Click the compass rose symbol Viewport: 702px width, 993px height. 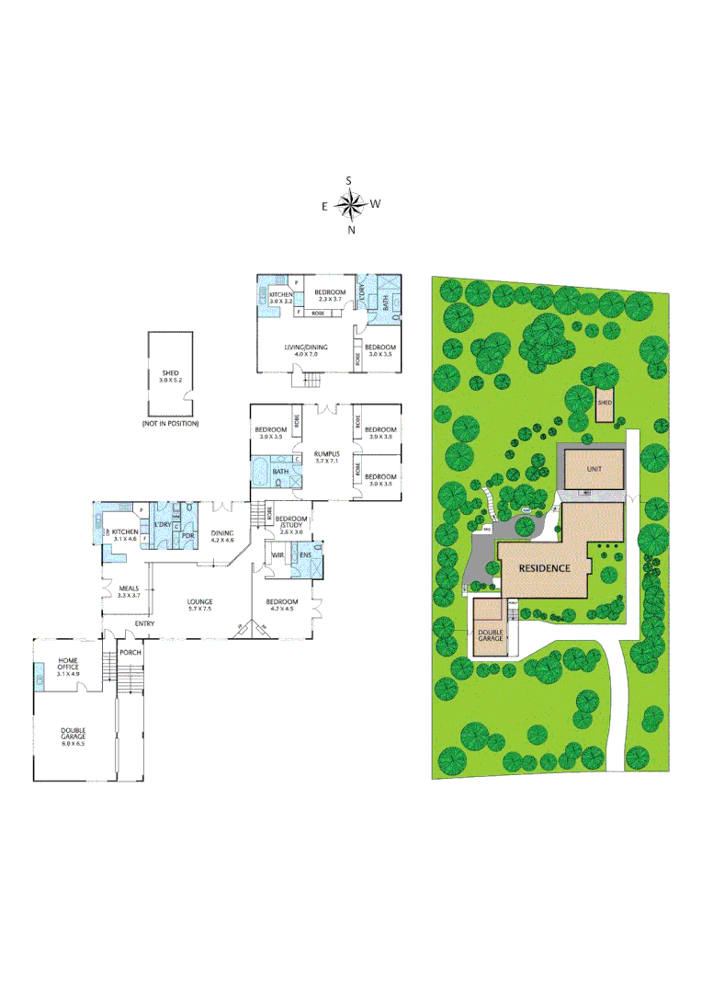click(x=350, y=204)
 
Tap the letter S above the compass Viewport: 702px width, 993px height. click(x=349, y=180)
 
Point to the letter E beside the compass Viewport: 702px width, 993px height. click(x=324, y=206)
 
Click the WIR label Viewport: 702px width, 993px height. click(x=276, y=555)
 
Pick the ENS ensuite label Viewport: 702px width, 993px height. click(x=304, y=554)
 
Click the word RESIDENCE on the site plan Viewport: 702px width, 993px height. click(x=545, y=567)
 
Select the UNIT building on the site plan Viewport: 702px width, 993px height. click(x=594, y=468)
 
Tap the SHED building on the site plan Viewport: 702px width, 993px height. click(x=604, y=403)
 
